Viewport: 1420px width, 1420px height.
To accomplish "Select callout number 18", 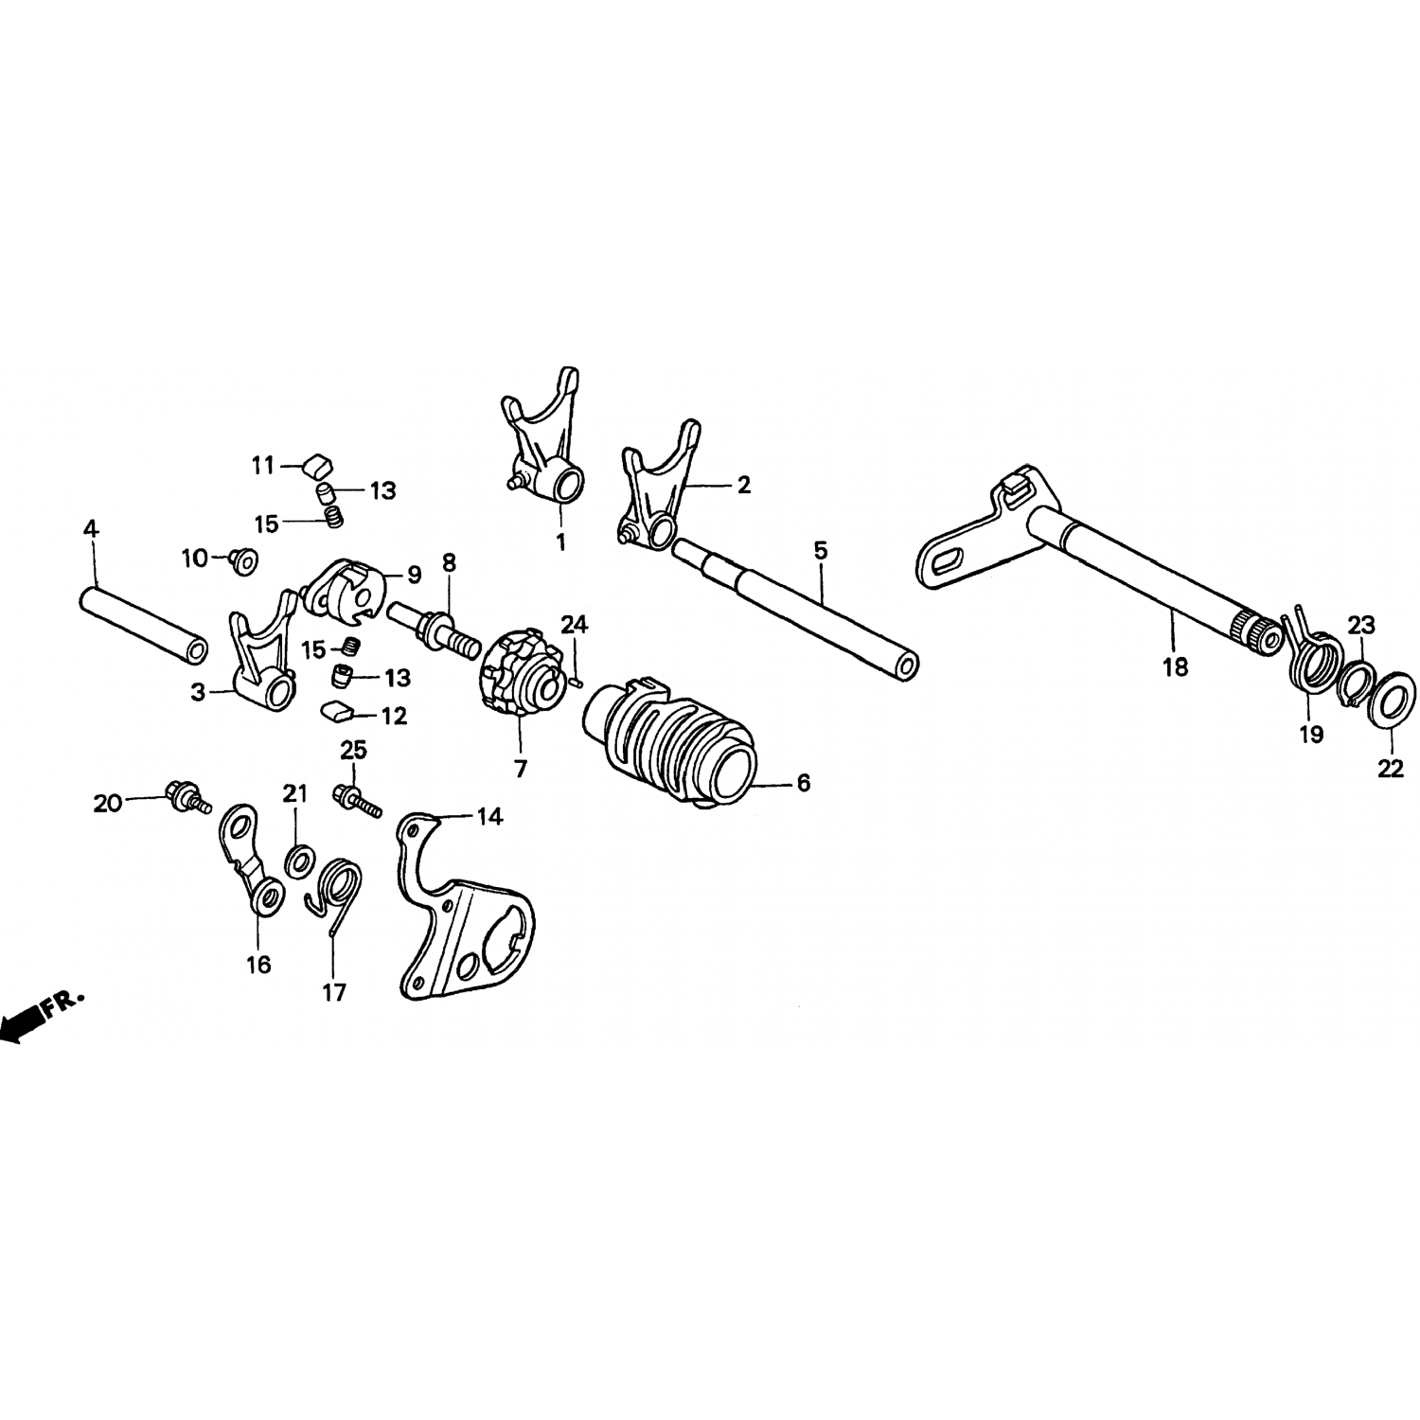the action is (x=1175, y=667).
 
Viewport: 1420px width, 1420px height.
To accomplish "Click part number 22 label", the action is (x=1391, y=770).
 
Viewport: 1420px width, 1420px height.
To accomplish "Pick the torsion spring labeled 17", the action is (x=333, y=890).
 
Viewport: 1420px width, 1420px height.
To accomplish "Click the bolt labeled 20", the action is (x=187, y=797).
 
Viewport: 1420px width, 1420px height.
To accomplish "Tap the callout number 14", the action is (x=489, y=816).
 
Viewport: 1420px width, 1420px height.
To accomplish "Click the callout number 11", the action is (x=262, y=466).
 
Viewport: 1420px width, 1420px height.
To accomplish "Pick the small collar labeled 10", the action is (x=243, y=561).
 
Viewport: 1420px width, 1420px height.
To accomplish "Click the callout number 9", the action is (x=415, y=574).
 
